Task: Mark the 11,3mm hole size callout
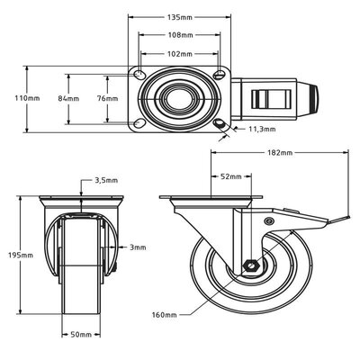[x=262, y=129]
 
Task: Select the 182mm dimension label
[x=281, y=153]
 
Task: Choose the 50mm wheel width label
[x=82, y=334]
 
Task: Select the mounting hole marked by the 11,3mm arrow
[x=222, y=123]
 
